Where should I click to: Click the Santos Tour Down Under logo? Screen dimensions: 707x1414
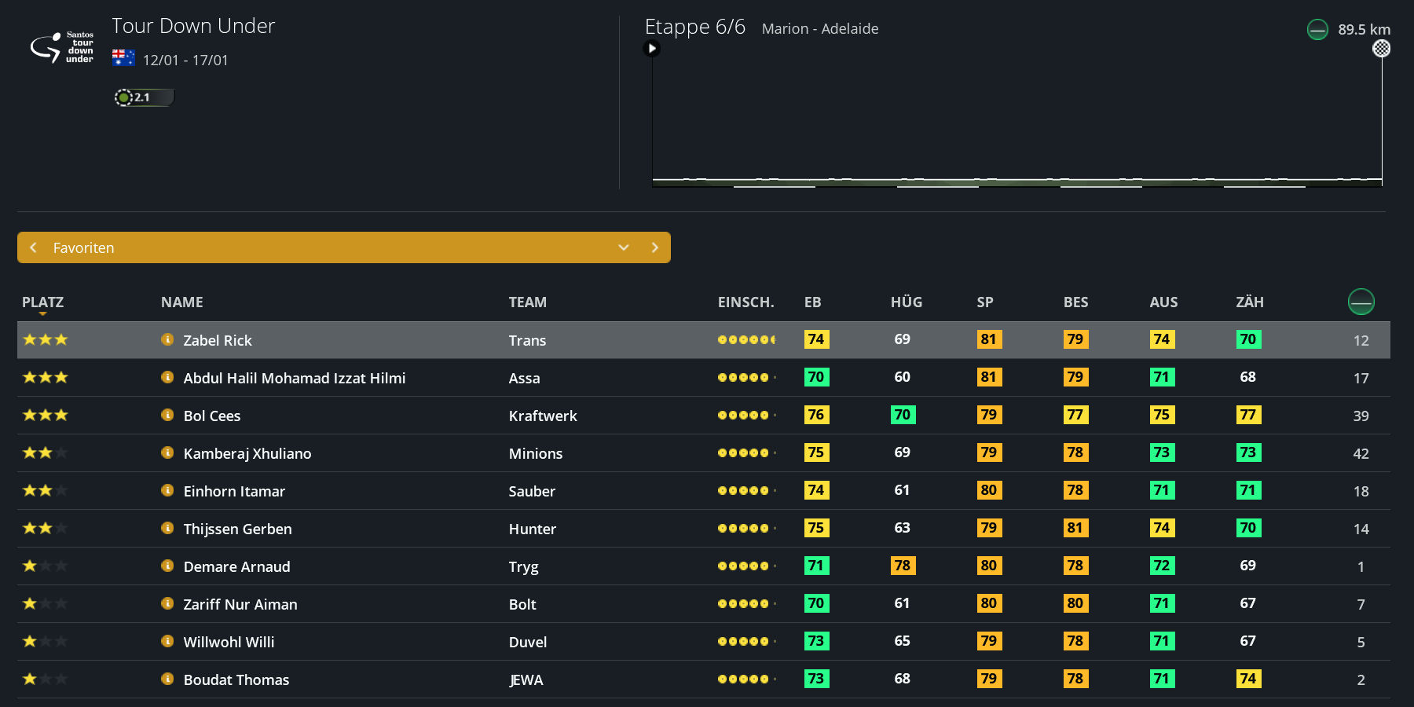[x=61, y=47]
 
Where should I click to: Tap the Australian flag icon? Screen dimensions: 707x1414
[x=123, y=58]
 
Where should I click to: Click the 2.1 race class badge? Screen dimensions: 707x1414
[x=143, y=97]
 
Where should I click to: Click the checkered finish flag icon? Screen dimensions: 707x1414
[x=1381, y=49]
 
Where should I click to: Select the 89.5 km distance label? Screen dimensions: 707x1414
[x=1364, y=30]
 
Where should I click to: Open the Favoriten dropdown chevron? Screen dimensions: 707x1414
[x=624, y=247]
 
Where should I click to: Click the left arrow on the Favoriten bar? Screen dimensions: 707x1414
[x=33, y=247]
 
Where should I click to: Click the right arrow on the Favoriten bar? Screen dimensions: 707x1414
[x=655, y=247]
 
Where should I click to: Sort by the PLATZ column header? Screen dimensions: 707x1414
[x=42, y=302]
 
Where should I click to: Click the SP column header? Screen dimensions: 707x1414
[x=985, y=302]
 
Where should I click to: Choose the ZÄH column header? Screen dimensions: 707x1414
[x=1249, y=302]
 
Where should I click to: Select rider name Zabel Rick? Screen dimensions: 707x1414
[x=218, y=340]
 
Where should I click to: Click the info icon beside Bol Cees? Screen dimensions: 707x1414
[x=167, y=415]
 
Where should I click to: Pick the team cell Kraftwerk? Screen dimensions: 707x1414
[x=543, y=416]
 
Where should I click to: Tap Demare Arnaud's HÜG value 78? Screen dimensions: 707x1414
[x=902, y=566]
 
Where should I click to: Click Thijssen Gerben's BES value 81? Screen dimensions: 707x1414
[x=1075, y=528]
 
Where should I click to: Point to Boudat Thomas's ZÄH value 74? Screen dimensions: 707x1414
[x=1247, y=679]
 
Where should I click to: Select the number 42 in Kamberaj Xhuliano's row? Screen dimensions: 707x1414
[x=1361, y=453]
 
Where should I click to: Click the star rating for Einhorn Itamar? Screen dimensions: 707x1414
[x=45, y=490]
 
